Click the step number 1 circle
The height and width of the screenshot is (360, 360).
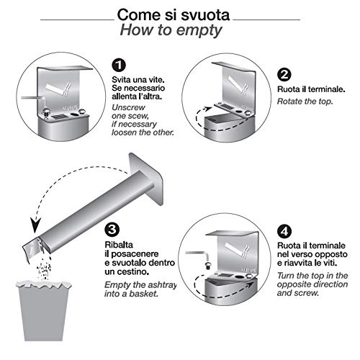click(119, 65)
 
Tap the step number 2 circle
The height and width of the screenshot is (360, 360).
click(284, 75)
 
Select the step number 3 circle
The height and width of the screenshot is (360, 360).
click(112, 230)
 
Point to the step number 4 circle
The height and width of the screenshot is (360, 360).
click(284, 231)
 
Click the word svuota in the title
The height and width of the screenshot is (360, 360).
click(205, 15)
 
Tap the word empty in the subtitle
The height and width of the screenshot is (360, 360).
click(199, 31)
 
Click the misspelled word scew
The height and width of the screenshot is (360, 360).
click(138, 116)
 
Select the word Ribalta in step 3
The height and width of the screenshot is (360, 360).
click(119, 245)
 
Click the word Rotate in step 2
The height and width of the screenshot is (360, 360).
click(289, 102)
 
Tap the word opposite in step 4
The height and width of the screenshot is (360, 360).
click(290, 285)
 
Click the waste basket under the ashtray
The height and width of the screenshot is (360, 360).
click(44, 310)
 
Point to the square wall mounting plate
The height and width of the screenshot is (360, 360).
click(147, 179)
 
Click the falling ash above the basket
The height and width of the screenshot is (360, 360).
click(44, 266)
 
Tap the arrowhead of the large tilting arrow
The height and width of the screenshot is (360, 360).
click(35, 226)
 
